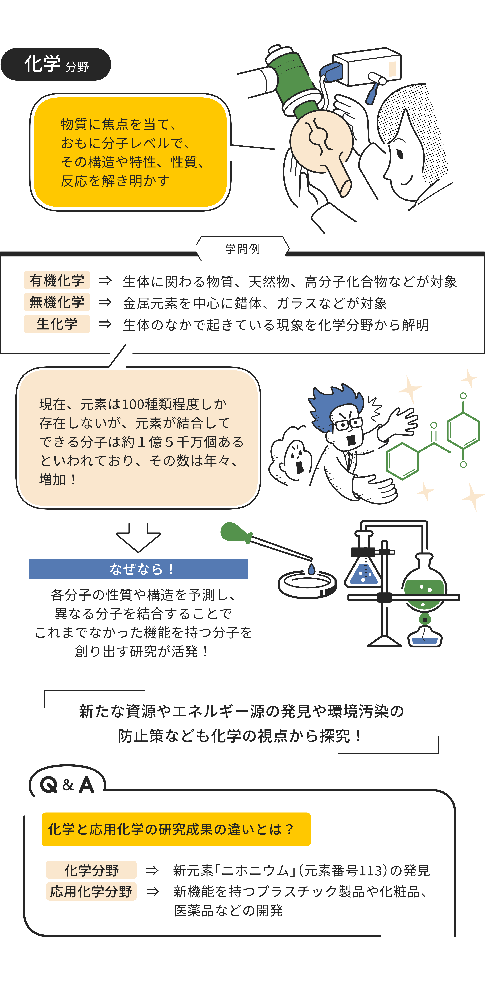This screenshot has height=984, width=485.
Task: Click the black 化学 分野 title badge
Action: (56, 64)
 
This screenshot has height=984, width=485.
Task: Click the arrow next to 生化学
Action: (105, 324)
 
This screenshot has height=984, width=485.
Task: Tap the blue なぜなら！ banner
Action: (138, 569)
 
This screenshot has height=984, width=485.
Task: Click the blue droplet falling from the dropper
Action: (312, 569)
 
